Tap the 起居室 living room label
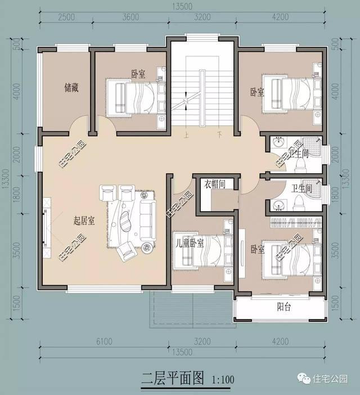click(x=84, y=221)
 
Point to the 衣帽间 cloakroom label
click(x=214, y=183)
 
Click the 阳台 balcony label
click(x=284, y=307)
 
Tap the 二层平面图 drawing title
click(x=174, y=378)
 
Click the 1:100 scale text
click(x=223, y=379)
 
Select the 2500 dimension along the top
click(x=67, y=17)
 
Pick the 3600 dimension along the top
click(x=130, y=17)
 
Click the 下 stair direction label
click(x=219, y=135)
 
